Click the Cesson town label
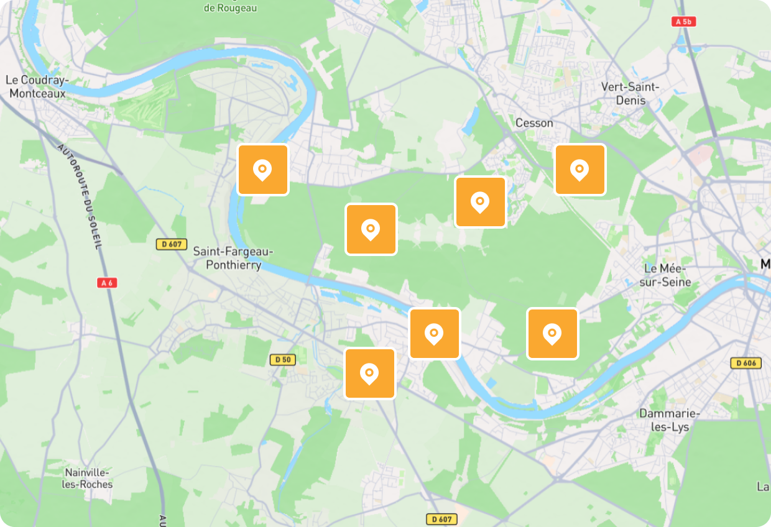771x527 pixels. [x=534, y=123]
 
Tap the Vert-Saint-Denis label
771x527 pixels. [x=630, y=94]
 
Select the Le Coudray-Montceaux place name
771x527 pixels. [x=37, y=86]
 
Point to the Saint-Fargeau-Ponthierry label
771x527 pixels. [x=233, y=258]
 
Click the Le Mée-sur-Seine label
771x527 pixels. [x=667, y=275]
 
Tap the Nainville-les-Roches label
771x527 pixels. [x=87, y=478]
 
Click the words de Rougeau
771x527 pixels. [x=230, y=8]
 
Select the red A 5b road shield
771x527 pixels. [x=684, y=22]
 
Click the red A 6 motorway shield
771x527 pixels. [x=108, y=283]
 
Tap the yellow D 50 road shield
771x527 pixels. [x=283, y=359]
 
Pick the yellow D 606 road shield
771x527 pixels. [x=746, y=363]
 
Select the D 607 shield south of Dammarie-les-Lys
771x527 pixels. [x=441, y=518]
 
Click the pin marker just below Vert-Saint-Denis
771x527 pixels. [x=579, y=170]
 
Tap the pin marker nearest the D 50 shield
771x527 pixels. [x=370, y=373]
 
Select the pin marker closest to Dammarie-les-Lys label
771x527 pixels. [x=552, y=334]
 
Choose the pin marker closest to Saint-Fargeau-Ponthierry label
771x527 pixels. [x=263, y=170]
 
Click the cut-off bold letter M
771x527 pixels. [x=765, y=265]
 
